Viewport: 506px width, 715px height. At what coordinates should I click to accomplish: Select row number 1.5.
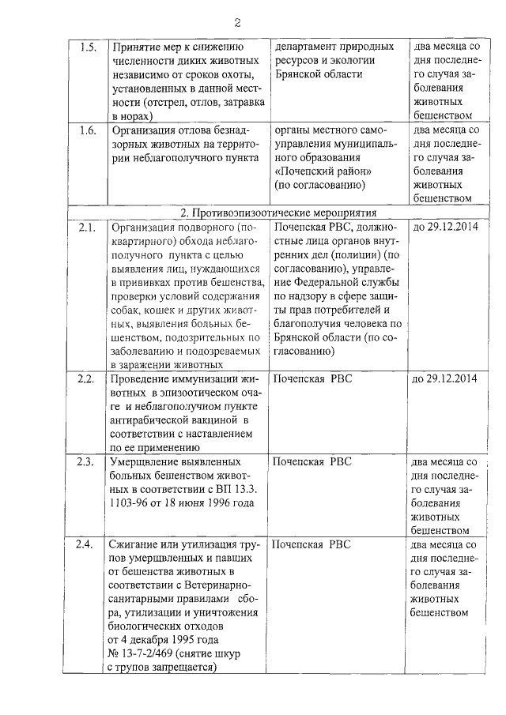click(89, 47)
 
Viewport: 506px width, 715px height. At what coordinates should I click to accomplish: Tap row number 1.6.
click(89, 130)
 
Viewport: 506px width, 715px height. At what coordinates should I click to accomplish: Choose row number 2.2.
click(87, 378)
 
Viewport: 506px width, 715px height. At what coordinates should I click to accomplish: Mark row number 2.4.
click(87, 544)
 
